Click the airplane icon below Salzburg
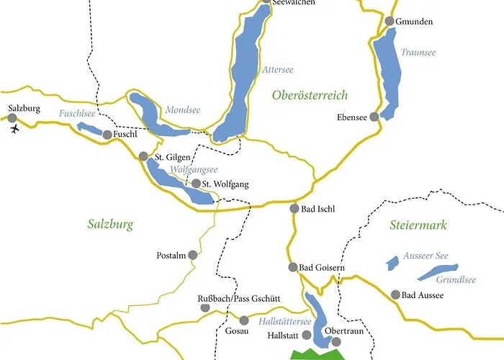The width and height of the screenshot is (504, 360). coord(15,129)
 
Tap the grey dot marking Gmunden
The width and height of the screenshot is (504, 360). coord(390,22)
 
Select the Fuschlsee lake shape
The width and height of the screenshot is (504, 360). coord(91,129)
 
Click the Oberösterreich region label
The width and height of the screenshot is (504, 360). coord(310,95)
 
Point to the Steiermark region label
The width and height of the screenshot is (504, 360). coord(418,225)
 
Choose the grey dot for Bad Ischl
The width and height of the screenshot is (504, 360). coord(294,209)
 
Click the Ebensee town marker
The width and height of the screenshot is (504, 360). coord(374,117)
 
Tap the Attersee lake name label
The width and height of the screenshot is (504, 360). coord(278,69)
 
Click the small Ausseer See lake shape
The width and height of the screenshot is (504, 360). coord(392,262)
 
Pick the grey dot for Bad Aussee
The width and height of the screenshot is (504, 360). coord(395,294)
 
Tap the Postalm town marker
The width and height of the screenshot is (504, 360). coord(192,255)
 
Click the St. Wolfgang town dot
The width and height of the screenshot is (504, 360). coord(196,184)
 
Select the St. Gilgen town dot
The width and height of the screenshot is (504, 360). coord(143,156)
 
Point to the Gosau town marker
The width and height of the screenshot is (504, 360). coord(244,320)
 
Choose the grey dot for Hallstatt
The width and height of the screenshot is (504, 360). coord(307,336)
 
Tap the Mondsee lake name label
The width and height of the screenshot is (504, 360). coord(183,110)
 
